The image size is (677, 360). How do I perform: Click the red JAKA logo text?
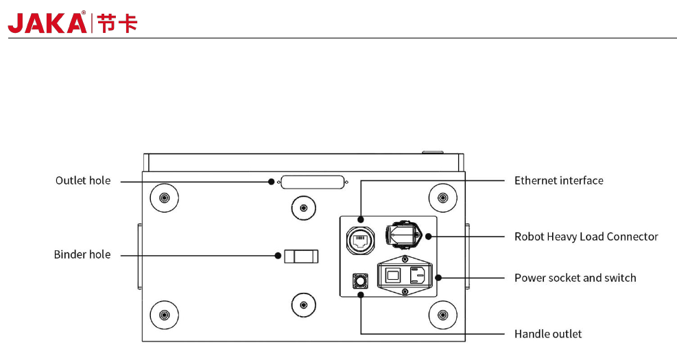click(x=47, y=23)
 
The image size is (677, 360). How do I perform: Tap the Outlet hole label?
click(x=83, y=180)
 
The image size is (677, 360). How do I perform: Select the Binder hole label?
click(x=82, y=254)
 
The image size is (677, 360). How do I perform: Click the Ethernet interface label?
click(x=559, y=180)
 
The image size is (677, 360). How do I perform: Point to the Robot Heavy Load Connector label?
click(x=586, y=237)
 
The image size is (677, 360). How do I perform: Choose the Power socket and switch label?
click(x=575, y=278)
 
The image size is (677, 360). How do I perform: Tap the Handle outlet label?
click(x=548, y=334)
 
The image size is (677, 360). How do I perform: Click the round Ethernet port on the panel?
click(x=361, y=241)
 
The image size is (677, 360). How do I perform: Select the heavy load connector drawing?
click(x=403, y=235)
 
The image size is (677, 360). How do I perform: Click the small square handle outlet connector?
click(x=361, y=281)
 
